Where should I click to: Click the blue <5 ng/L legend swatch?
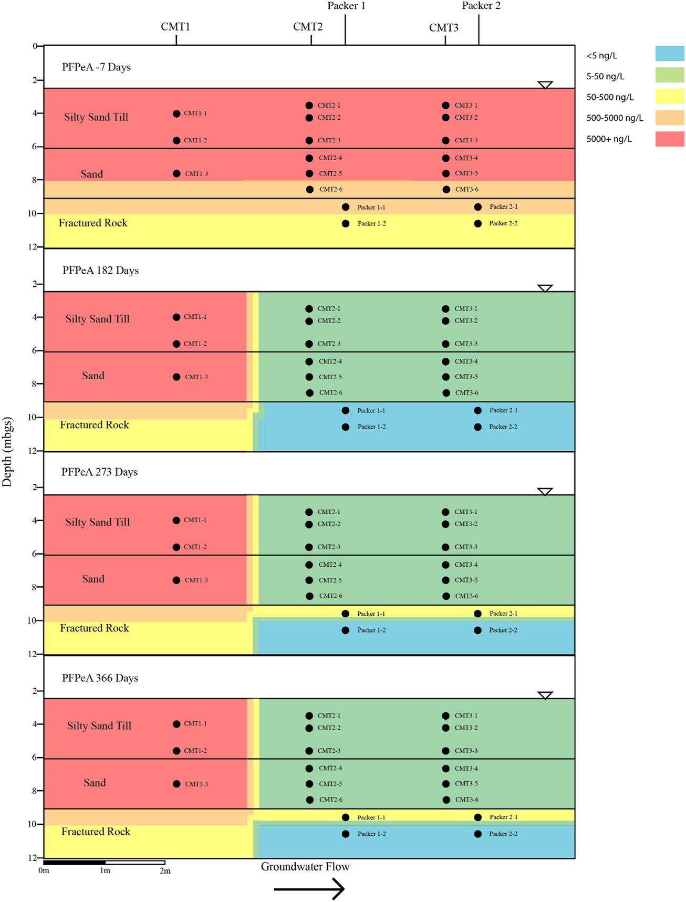[669, 54]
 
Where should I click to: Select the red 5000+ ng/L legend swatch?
[669, 139]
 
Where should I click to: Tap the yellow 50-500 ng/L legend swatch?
[669, 96]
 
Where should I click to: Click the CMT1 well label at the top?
[175, 27]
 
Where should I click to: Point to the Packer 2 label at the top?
[481, 6]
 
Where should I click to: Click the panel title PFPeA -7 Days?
[96, 67]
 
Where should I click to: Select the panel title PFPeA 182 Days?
[100, 271]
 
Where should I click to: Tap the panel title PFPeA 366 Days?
[100, 678]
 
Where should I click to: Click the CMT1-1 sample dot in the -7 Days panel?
[176, 113]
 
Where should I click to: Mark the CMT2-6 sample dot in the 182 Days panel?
[310, 393]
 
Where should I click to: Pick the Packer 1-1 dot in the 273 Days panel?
[346, 614]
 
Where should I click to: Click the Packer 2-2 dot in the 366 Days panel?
[478, 834]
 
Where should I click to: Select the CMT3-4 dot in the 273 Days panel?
[445, 565]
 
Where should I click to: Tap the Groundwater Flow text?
[305, 867]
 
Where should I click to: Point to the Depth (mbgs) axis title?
[7, 452]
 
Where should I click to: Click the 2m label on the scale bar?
[165, 871]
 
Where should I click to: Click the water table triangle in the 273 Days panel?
[545, 492]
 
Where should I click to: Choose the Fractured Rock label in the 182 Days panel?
[95, 425]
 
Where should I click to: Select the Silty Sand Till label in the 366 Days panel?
[99, 726]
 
